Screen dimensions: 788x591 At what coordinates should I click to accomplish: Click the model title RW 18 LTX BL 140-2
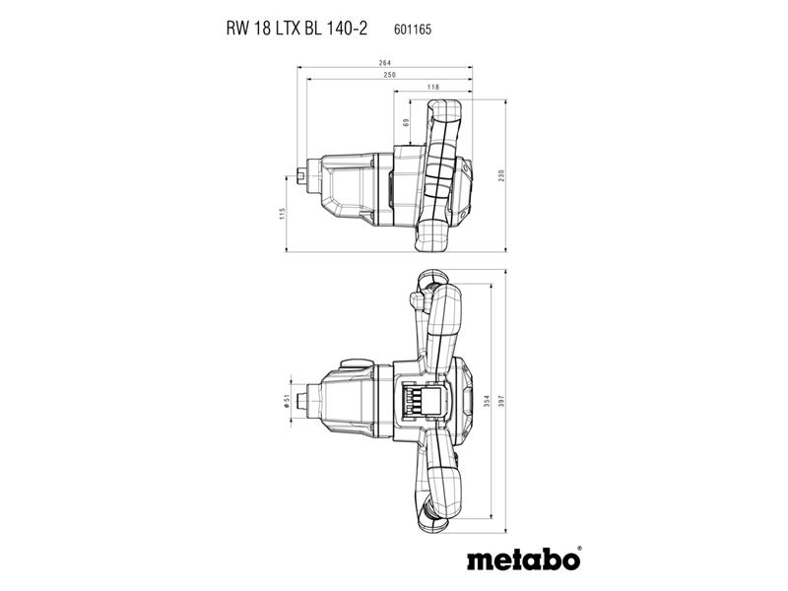296,29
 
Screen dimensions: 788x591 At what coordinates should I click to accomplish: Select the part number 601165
413,30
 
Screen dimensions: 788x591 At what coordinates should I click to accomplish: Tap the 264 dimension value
384,63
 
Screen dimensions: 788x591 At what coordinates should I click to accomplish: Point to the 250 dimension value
389,75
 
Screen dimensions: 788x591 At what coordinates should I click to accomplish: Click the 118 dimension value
432,87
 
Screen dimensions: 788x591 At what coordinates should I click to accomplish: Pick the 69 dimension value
406,122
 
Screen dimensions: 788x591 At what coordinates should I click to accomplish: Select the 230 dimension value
501,175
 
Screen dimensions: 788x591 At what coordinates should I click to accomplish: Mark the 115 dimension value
282,213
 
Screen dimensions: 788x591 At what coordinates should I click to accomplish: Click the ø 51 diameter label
287,401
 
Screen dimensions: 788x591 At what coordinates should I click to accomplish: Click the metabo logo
523,559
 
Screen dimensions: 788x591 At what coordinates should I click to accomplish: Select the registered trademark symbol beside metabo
579,549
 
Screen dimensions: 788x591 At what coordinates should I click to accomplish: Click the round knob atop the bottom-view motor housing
356,362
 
